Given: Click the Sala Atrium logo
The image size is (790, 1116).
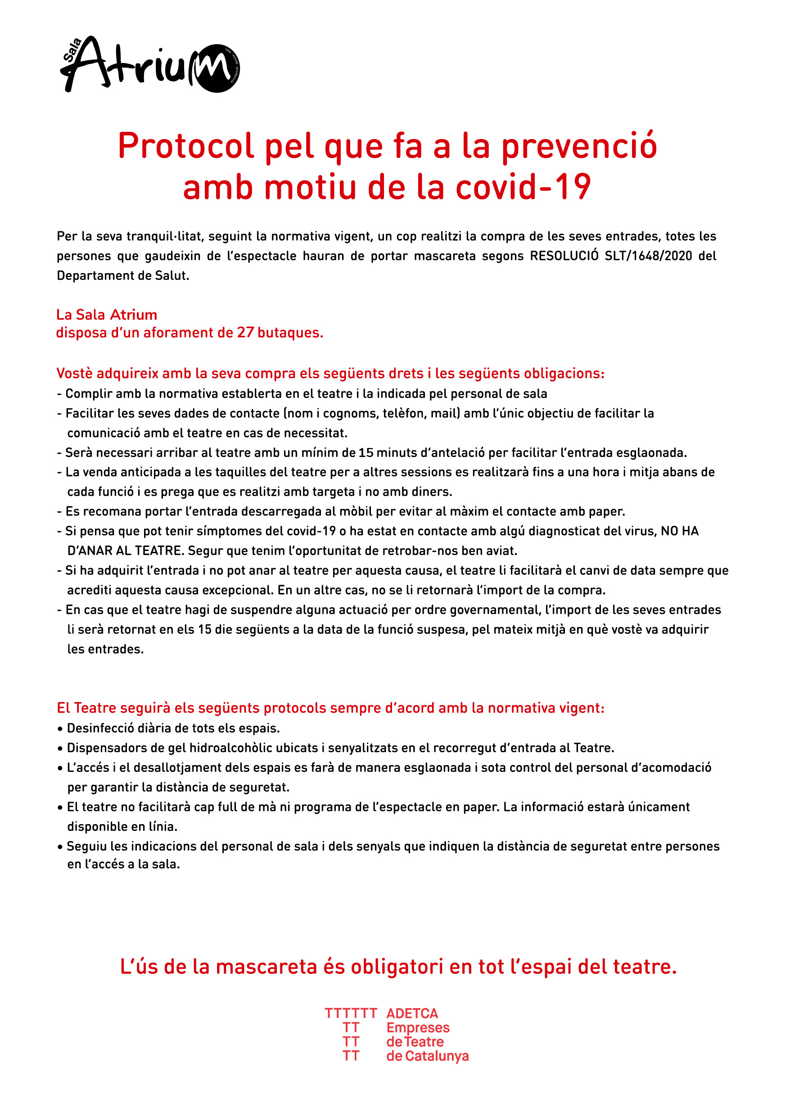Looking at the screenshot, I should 150,65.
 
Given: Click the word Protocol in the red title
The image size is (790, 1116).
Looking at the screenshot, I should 186,146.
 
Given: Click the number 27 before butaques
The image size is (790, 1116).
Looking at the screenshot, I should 246,332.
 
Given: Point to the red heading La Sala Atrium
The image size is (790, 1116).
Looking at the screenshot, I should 107,314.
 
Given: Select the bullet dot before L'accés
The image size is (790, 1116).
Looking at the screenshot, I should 60,768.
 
